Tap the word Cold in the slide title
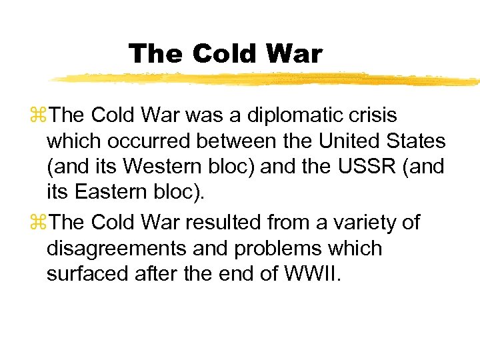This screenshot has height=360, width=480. [223, 53]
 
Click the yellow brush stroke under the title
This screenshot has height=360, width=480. [267, 79]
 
